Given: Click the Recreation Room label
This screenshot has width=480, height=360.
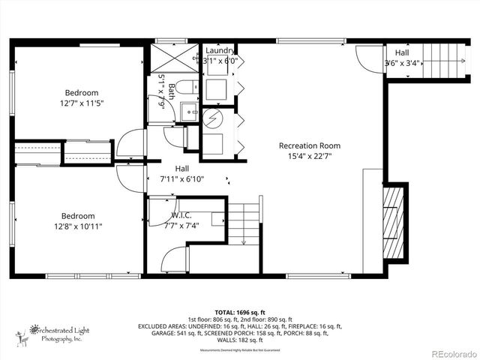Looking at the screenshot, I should [x=309, y=145].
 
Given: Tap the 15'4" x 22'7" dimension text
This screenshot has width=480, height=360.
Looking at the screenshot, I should [x=309, y=157].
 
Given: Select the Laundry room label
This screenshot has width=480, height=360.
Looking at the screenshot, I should [x=220, y=49].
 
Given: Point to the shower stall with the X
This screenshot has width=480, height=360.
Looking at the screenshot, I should [x=164, y=58].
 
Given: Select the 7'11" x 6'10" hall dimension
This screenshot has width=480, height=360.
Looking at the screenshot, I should [x=182, y=179].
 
